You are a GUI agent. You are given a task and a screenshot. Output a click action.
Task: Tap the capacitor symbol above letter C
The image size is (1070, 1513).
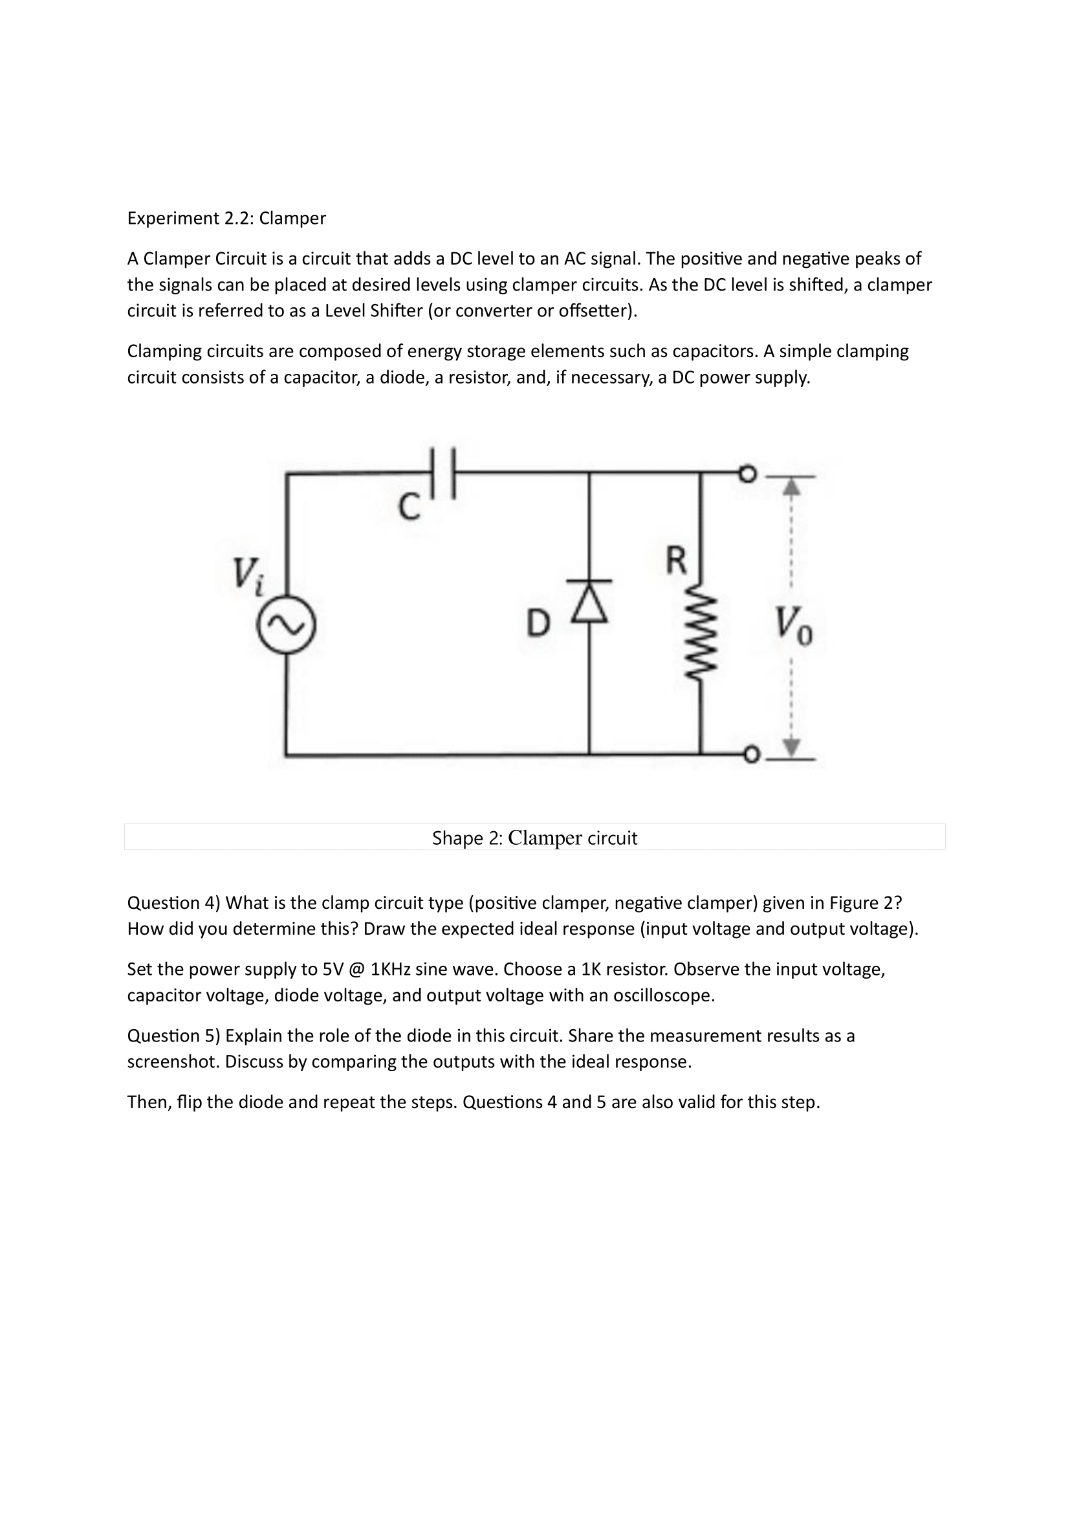click(442, 472)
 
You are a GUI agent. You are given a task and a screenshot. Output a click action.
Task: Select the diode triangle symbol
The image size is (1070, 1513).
click(590, 602)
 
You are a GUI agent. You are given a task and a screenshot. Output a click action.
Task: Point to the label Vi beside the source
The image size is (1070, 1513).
click(248, 575)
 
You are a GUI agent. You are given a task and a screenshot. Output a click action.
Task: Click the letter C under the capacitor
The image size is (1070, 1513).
click(409, 507)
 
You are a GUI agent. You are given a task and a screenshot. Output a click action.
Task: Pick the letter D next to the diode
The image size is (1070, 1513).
click(538, 623)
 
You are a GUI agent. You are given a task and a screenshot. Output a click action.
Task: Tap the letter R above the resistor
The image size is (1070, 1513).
click(676, 560)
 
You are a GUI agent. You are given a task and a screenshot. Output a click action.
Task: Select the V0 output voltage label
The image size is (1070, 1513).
click(793, 624)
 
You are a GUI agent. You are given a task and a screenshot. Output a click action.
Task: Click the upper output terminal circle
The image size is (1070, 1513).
click(747, 473)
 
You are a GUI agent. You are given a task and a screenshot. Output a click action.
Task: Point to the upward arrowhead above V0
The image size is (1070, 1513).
click(791, 487)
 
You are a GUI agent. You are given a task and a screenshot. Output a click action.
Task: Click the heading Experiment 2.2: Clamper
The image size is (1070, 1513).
click(226, 218)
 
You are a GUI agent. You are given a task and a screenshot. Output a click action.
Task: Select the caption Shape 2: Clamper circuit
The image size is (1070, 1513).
click(534, 838)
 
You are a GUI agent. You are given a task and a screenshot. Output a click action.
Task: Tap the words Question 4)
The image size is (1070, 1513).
click(173, 903)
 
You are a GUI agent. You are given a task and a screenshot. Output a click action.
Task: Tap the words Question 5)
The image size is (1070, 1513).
click(173, 1036)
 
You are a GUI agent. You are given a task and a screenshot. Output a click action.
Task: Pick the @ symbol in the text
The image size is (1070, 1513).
click(354, 970)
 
